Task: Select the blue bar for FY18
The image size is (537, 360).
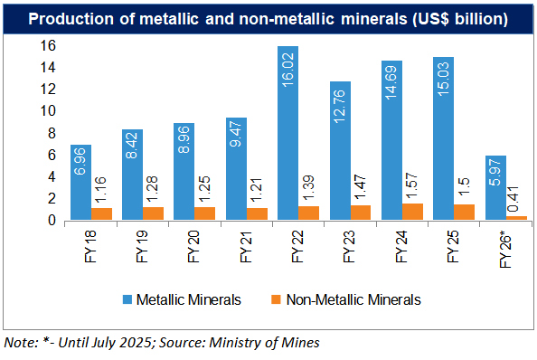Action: click(x=81, y=182)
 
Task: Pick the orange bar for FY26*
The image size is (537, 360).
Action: click(x=517, y=217)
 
